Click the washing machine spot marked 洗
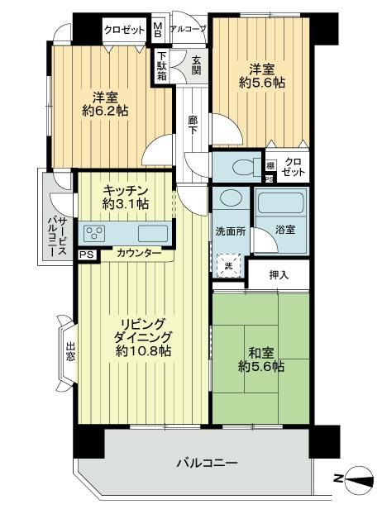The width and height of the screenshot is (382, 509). (x=228, y=265)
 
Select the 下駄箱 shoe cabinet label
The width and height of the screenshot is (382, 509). (x=163, y=66)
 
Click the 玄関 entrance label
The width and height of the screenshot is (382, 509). (x=196, y=64)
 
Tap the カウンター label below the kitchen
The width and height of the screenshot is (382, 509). (x=139, y=253)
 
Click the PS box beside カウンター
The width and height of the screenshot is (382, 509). (x=85, y=254)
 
